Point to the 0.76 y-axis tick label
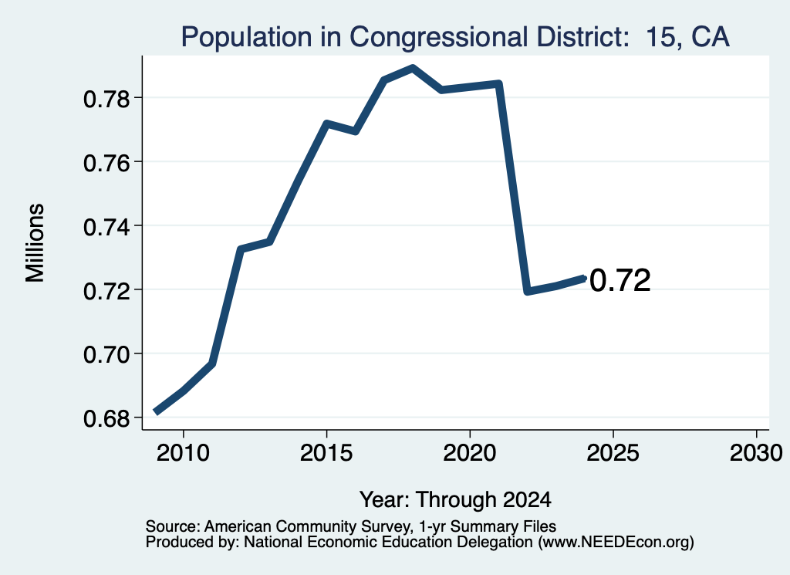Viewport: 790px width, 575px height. tap(106, 164)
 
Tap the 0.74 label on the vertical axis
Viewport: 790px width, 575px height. tap(106, 227)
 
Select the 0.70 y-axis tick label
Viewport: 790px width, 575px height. tap(106, 355)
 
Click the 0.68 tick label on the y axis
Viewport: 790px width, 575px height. tap(106, 419)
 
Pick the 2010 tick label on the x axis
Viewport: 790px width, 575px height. tap(183, 453)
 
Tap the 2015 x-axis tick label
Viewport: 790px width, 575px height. tap(326, 453)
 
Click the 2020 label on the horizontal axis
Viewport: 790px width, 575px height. tap(470, 453)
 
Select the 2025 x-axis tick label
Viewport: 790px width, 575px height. tap(613, 453)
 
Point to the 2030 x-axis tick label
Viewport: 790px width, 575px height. tap(756, 453)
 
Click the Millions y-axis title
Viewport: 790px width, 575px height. tap(35, 243)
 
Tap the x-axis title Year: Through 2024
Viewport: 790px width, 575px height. tap(455, 500)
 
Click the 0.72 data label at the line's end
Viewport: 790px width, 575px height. tap(620, 281)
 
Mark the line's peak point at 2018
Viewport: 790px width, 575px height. tap(413, 68)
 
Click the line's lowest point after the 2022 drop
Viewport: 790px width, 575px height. tap(528, 291)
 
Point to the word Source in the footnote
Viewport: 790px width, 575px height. tap(172, 526)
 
